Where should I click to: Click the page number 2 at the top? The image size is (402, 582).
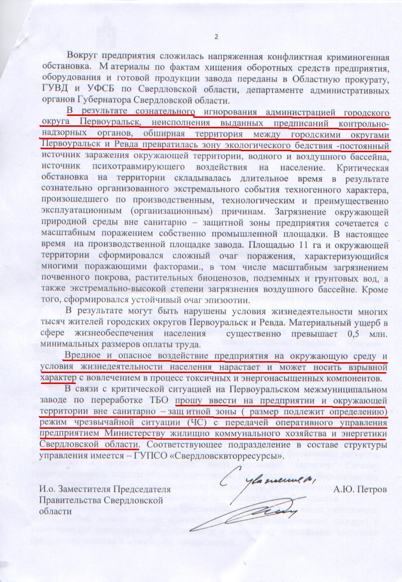click(x=216, y=36)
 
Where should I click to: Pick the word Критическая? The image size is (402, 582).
click(x=362, y=167)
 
